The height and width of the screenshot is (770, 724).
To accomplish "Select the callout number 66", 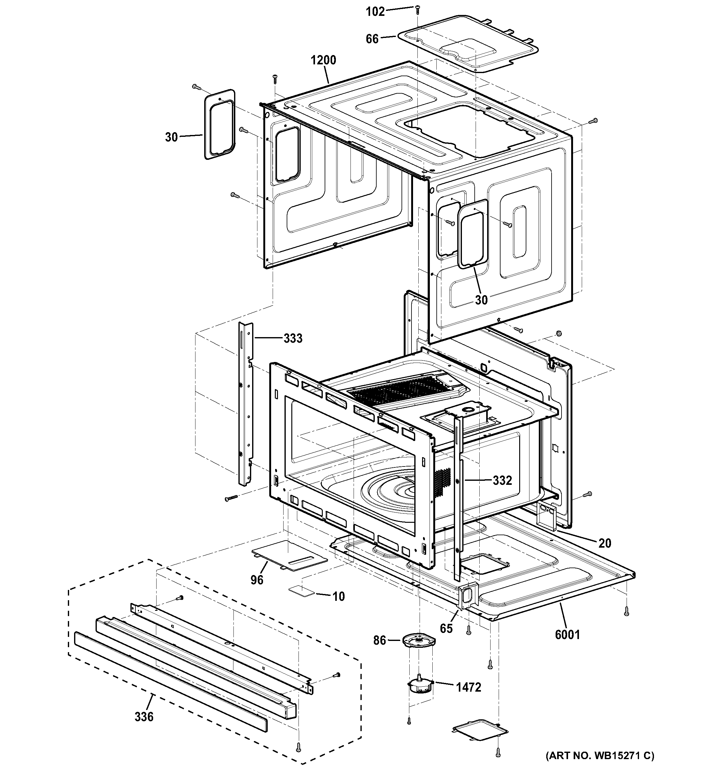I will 372,39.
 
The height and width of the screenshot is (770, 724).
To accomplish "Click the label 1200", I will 323,60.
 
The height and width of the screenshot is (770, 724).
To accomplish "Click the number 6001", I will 567,634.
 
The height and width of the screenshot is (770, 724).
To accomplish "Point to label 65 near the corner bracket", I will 446,628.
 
